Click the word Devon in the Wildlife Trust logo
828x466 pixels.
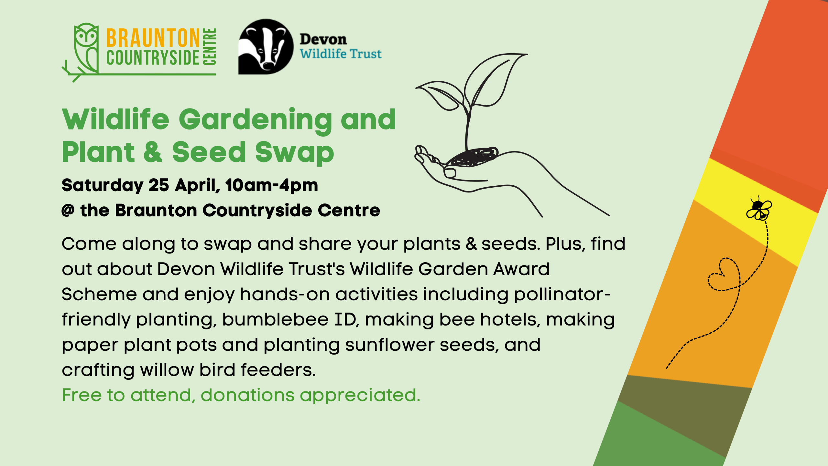pyautogui.click(x=323, y=39)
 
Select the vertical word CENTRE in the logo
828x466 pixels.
pyautogui.click(x=209, y=47)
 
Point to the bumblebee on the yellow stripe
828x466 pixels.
pyautogui.click(x=759, y=209)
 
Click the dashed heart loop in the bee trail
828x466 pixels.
pyautogui.click(x=724, y=274)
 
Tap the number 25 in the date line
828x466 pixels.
pyautogui.click(x=158, y=185)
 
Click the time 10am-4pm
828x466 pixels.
pyautogui.click(x=272, y=186)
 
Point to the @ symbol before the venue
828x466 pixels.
pyautogui.click(x=68, y=211)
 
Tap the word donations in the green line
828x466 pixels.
pyautogui.click(x=247, y=395)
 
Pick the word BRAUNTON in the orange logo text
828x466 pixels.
pyautogui.click(x=153, y=38)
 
